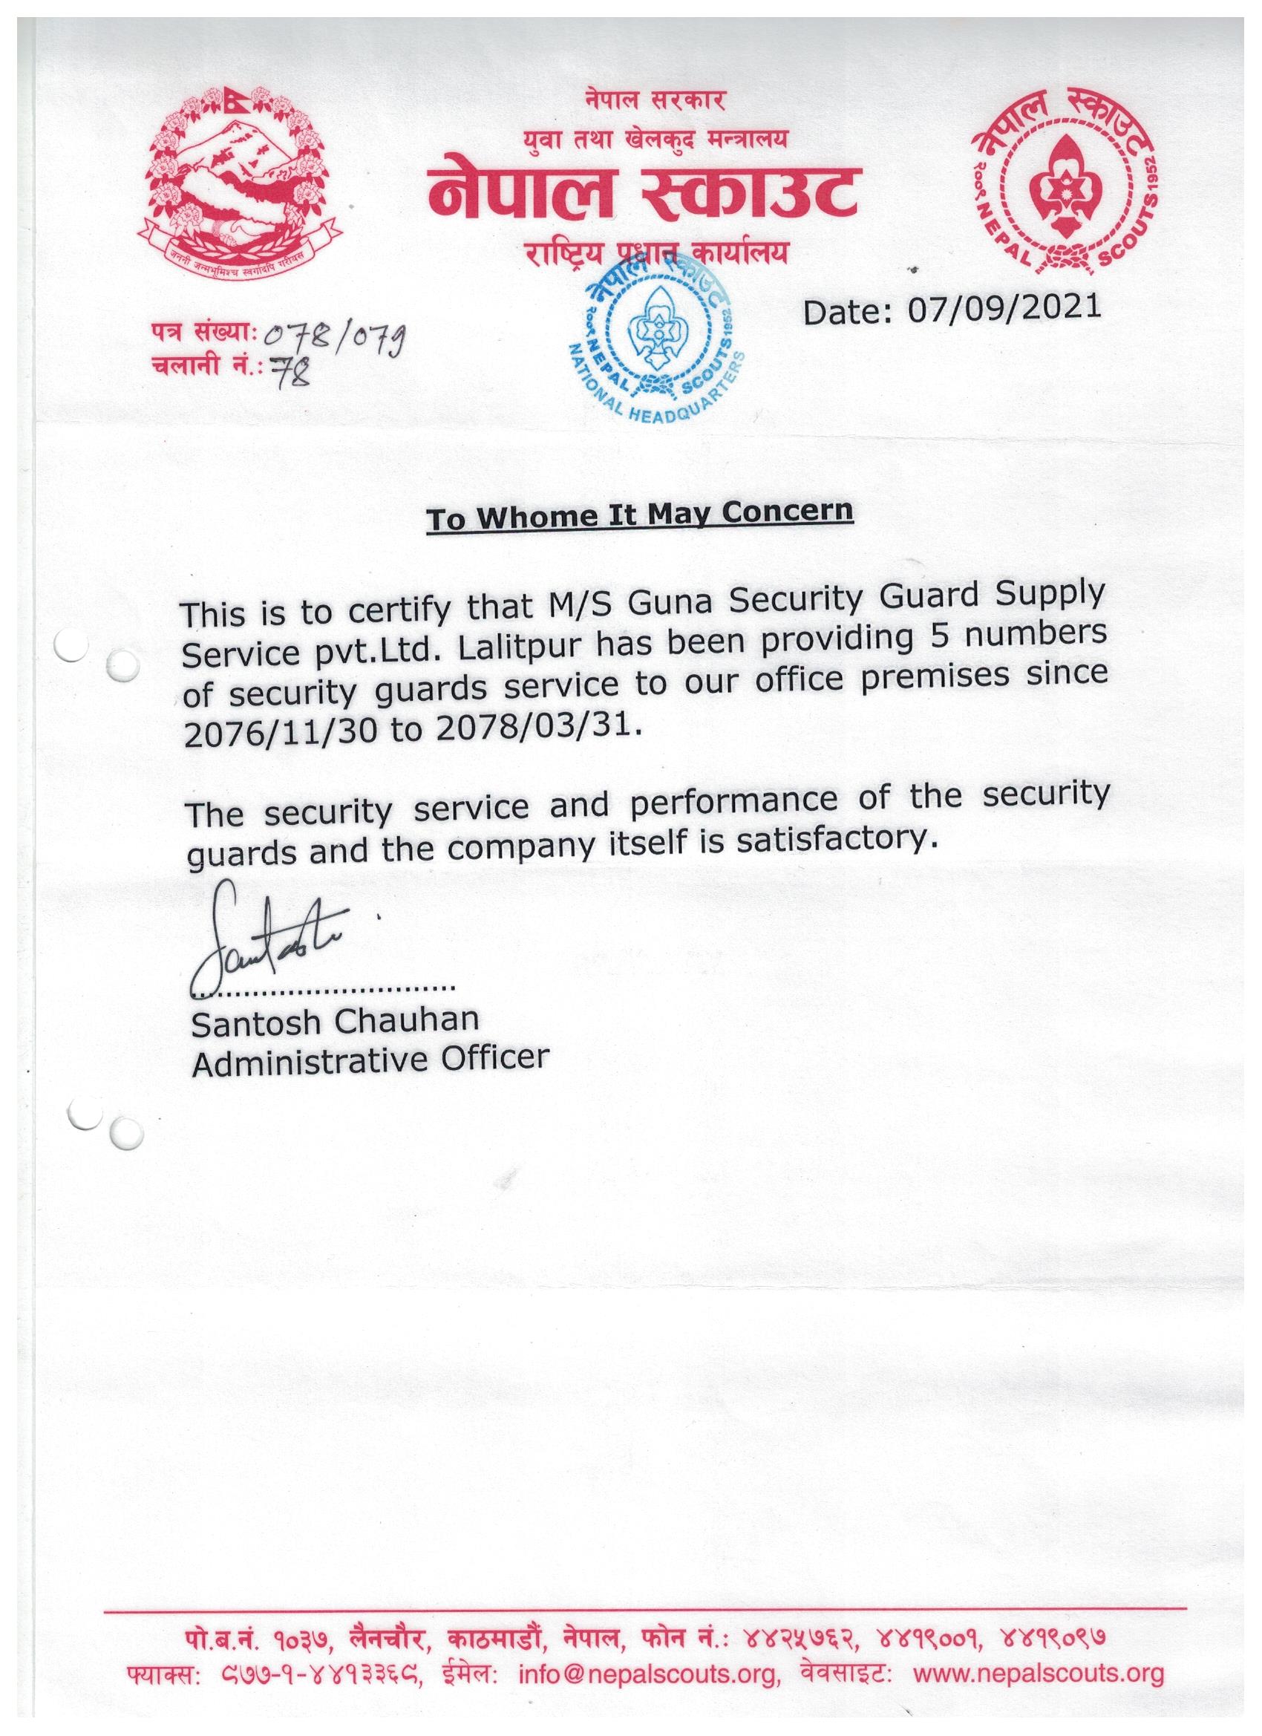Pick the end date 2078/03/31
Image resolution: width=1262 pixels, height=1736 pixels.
tap(528, 728)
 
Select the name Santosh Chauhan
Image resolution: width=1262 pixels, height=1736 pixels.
tap(336, 1022)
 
